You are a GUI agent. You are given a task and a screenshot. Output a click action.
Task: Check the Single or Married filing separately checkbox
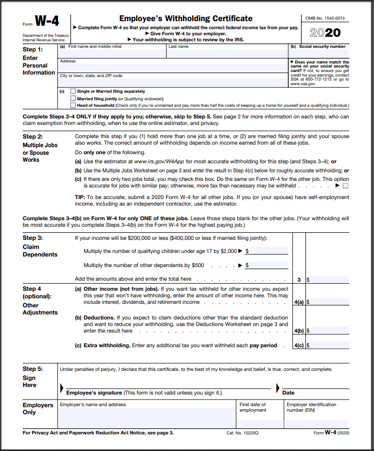coord(74,91)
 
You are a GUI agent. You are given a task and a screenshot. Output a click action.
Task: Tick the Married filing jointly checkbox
coord(74,98)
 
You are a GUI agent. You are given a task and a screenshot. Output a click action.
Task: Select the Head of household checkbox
coord(74,105)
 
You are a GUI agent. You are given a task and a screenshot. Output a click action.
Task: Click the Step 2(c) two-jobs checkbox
coord(345,185)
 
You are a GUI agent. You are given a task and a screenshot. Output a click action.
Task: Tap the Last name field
coord(226,53)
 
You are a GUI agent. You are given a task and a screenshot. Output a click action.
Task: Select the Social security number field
coord(318,53)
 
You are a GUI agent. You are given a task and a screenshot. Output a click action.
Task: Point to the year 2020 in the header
coord(325,33)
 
